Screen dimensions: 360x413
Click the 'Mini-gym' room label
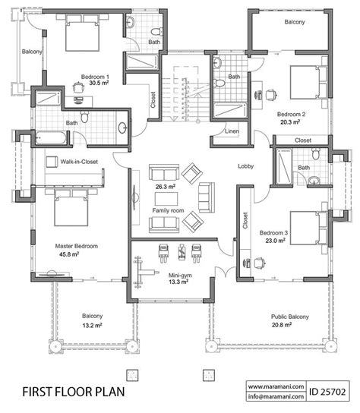pyautogui.click(x=180, y=276)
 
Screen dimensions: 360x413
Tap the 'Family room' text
pyautogui.click(x=168, y=210)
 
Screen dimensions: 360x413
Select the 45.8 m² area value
pyautogui.click(x=69, y=254)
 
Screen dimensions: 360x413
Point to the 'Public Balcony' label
pyautogui.click(x=290, y=317)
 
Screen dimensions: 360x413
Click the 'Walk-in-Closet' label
pyautogui.click(x=79, y=162)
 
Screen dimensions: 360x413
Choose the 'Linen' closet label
pyautogui.click(x=232, y=131)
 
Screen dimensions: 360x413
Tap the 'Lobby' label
pyautogui.click(x=245, y=166)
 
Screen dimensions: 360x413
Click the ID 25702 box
pyautogui.click(x=327, y=392)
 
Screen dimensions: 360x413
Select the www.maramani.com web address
pyautogui.click(x=276, y=386)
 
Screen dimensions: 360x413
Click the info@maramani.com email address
pyautogui.click(x=276, y=396)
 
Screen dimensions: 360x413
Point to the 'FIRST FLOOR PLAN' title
pyautogui.click(x=74, y=392)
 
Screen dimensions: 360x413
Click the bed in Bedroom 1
pyautogui.click(x=82, y=33)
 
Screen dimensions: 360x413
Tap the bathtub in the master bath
pyautogui.click(x=51, y=137)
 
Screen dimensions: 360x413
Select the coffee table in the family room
pyautogui.click(x=166, y=199)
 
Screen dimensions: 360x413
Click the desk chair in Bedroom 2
pyautogui.click(x=271, y=95)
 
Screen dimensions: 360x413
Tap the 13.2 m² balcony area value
pyautogui.click(x=92, y=325)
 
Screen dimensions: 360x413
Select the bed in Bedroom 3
pyautogui.click(x=308, y=228)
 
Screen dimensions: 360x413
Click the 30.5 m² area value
pyautogui.click(x=99, y=84)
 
